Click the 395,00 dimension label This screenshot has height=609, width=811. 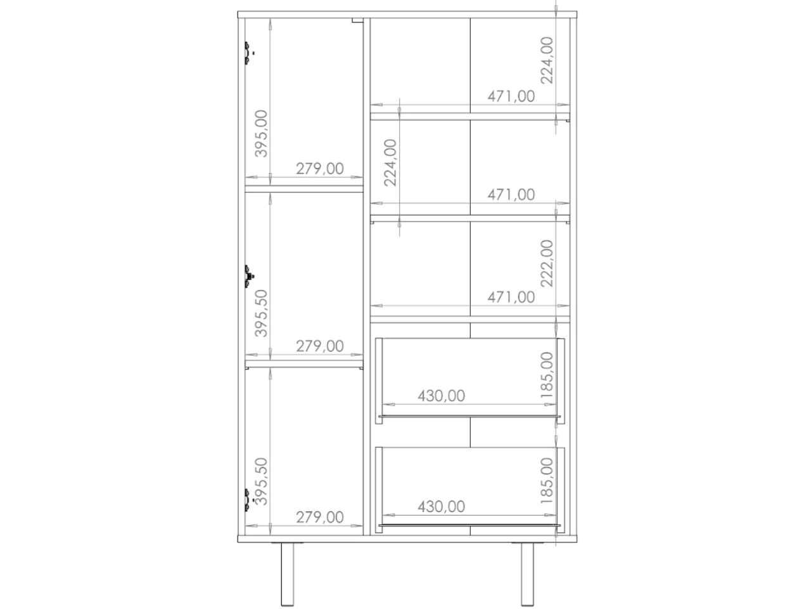coord(261,133)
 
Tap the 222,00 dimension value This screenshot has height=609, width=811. coord(547,263)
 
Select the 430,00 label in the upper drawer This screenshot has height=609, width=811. coord(441,396)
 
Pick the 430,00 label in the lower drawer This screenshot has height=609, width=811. coord(441,507)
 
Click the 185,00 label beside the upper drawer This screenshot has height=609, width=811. coord(547,376)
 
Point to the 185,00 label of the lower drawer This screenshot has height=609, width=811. coord(547,481)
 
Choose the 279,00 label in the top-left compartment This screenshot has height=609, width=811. coord(320,169)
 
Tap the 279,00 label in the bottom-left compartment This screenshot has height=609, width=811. coord(320,517)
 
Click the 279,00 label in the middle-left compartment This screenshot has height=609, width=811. coord(320,346)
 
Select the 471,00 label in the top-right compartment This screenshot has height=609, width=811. coord(511,96)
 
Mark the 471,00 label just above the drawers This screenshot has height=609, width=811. coord(511,298)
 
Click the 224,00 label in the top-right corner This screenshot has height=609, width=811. coord(547,60)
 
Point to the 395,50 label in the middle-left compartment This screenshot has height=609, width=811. coord(261,313)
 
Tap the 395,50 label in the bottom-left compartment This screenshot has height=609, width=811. coord(261,481)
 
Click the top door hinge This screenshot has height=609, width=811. coord(248,53)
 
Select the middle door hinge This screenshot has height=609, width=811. coord(248,276)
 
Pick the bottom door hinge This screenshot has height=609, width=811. coord(248,499)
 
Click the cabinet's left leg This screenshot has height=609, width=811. coord(288,575)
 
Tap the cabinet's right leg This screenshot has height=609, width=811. coord(527,575)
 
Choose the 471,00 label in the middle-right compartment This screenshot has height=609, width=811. coord(511,195)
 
